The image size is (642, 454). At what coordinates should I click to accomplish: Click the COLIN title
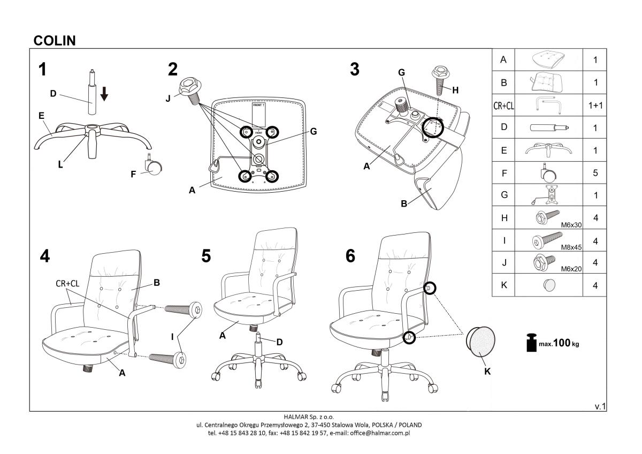point(55,41)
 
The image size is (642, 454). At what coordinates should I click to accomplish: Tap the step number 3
point(355,70)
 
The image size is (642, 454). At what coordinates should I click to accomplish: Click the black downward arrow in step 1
point(104,94)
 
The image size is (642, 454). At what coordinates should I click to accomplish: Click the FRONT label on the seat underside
point(259,105)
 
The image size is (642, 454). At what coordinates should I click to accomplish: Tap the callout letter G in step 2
point(314,132)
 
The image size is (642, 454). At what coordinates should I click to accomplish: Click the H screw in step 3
point(440,81)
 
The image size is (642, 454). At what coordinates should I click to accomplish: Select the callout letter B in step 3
point(404,203)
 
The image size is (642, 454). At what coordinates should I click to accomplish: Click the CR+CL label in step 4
point(67,284)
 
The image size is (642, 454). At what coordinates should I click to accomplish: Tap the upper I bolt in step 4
point(184,310)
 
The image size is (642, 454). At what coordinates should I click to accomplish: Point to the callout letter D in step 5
point(279,342)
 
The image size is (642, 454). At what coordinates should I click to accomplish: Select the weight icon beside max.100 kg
point(531,343)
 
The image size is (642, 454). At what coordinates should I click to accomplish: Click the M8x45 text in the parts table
point(571,247)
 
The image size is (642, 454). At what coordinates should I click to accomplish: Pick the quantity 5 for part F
point(595,173)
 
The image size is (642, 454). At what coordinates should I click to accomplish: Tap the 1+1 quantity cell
point(595,105)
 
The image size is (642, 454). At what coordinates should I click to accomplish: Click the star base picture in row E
point(548,150)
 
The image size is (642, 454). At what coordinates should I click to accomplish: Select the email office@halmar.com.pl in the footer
point(380,433)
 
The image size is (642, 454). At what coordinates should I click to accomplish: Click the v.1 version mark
point(600,406)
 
